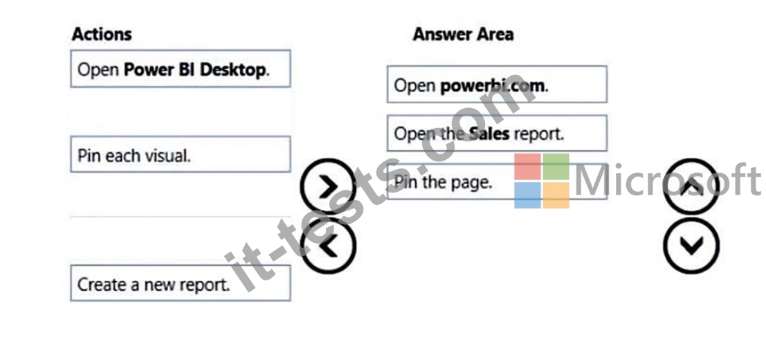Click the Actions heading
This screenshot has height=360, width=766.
point(102,34)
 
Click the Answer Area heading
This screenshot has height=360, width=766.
point(463,34)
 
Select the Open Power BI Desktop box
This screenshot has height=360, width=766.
point(181,69)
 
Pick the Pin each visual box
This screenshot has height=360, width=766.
point(181,154)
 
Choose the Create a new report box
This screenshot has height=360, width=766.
point(181,283)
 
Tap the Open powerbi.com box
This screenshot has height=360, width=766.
point(497,84)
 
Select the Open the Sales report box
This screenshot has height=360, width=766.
point(497,133)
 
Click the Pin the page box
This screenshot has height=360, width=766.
point(497,181)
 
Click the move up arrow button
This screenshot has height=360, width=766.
point(691,186)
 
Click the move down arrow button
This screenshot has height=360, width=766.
point(691,245)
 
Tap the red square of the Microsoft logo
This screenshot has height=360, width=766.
point(527,167)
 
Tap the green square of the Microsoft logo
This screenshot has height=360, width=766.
point(556,167)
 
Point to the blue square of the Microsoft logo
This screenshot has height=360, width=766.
point(527,195)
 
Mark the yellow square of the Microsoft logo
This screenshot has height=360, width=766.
point(556,195)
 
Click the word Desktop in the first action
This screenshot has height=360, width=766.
point(232,70)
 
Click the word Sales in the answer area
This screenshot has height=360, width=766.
point(489,134)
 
